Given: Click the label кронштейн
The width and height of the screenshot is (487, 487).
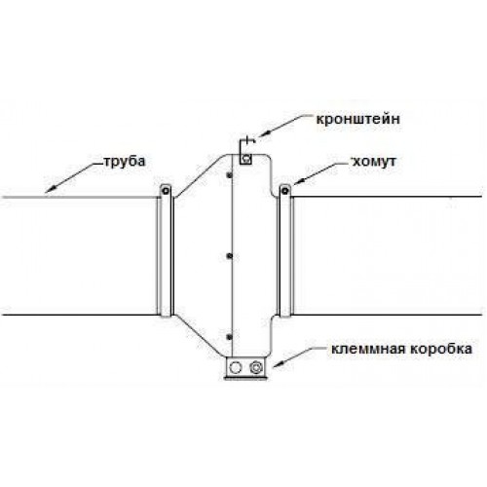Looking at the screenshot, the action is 358,120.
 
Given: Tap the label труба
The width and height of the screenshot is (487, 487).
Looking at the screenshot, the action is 125,162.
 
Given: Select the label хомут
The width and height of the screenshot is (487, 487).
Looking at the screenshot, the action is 374,162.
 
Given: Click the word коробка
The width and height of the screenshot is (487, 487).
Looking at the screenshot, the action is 439,349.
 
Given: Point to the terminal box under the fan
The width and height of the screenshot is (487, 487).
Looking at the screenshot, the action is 246,367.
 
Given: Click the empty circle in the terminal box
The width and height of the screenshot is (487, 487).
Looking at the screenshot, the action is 235,367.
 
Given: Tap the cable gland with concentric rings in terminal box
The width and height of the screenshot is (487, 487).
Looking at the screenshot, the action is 256,367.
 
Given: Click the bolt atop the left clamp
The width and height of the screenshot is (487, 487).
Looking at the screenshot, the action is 166,190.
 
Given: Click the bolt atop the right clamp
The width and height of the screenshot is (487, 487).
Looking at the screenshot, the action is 284,190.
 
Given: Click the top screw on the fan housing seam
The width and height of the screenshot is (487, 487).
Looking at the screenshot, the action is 230,175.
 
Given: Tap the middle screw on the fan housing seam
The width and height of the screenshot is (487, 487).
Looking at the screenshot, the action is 230,256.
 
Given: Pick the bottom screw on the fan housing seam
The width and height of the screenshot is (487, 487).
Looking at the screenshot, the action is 230,337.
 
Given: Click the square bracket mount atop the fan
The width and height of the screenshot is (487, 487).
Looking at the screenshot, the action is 246,159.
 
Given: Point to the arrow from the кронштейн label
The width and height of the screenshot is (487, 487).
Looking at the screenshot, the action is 283,126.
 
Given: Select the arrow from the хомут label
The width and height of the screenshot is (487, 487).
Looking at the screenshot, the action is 319,173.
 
